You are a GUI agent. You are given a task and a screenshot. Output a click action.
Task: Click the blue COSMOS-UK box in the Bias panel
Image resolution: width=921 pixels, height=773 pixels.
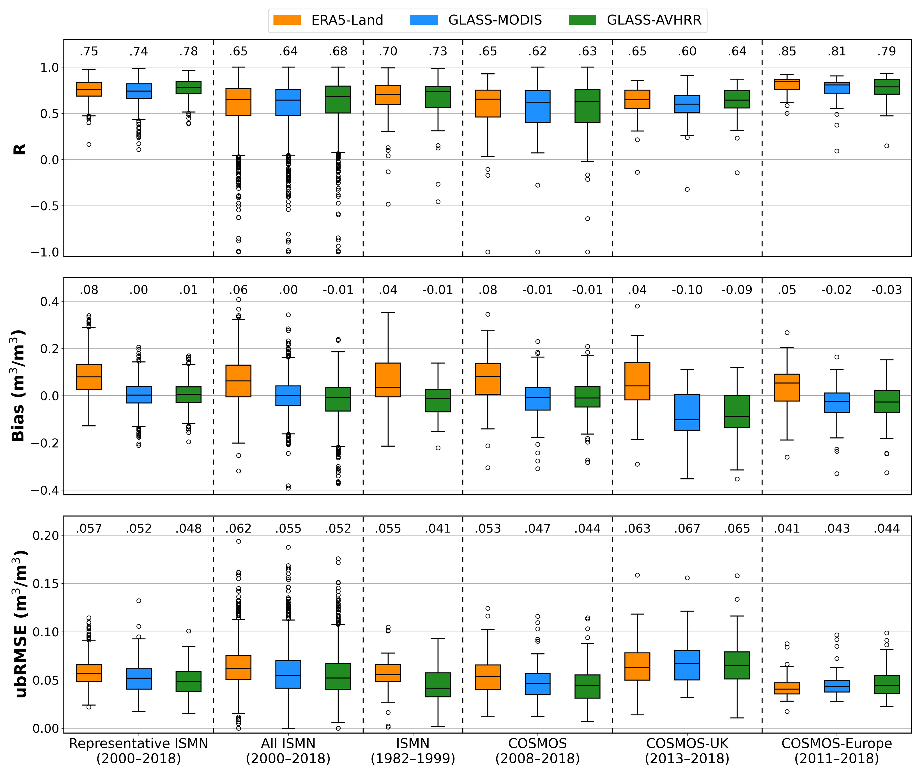tap(687, 412)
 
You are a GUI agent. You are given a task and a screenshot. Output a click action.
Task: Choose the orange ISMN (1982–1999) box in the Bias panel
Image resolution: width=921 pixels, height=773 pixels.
tap(388, 380)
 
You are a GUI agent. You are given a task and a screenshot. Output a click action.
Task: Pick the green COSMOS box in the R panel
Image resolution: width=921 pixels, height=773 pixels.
tap(588, 106)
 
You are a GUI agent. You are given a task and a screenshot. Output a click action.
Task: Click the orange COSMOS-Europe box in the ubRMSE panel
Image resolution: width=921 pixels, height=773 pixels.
tap(787, 688)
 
